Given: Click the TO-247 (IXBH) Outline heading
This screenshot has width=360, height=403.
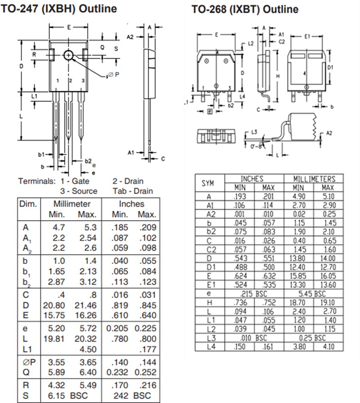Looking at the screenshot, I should pos(59,8).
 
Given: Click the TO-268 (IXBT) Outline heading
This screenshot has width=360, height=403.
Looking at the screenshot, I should pos(245,9).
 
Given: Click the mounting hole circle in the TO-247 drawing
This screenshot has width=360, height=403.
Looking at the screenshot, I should pos(69,55).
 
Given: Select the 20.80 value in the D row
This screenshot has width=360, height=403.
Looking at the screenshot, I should pos(53,304).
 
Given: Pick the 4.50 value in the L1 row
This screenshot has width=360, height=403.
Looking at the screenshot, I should pos(87,349).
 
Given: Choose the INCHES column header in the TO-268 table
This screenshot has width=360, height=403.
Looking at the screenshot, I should pos(252,179).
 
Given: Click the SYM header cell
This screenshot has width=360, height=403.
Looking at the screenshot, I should pos(208,183).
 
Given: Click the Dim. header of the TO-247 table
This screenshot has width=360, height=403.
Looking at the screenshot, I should pos(28,204).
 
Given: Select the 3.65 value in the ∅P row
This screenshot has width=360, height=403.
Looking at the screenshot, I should pos(87,362).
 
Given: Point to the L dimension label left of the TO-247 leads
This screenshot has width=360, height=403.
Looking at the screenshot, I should pos(21,116).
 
